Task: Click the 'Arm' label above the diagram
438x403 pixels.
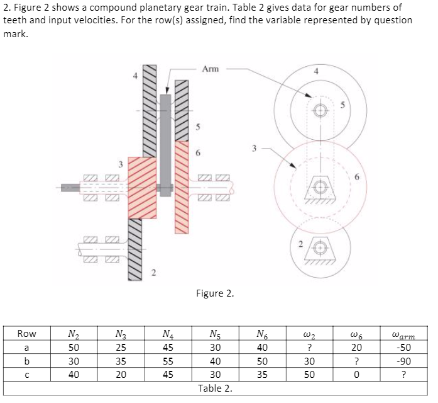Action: point(211,69)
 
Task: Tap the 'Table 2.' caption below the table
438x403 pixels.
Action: point(214,388)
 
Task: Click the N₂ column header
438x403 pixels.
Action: point(74,334)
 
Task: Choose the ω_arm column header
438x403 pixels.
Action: point(403,334)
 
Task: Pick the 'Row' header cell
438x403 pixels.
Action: point(27,334)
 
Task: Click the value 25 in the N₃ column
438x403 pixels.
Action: point(121,347)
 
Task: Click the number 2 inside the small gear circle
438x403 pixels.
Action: point(300,244)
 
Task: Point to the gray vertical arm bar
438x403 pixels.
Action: point(165,145)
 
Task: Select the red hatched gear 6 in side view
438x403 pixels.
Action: point(182,188)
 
